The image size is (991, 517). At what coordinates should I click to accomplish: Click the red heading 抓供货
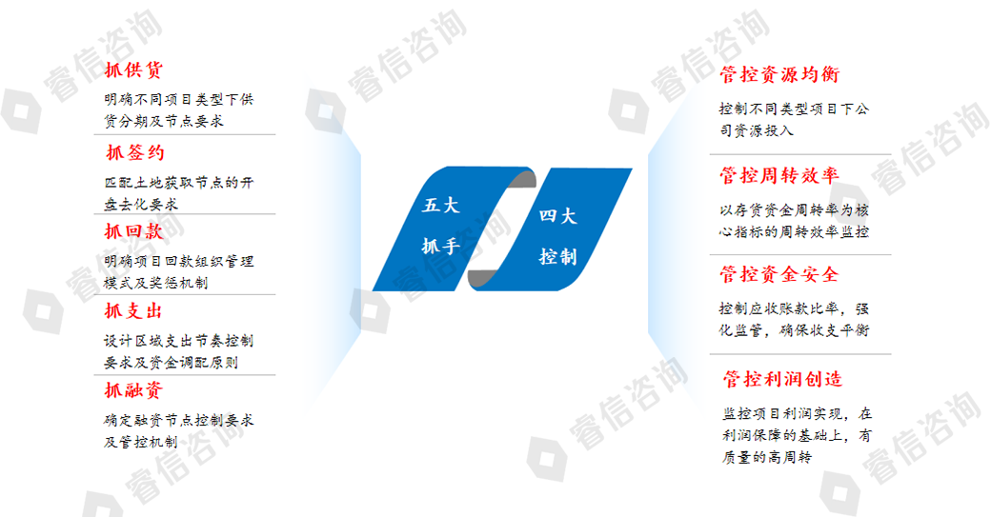click(133, 70)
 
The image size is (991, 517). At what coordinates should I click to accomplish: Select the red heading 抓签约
click(135, 152)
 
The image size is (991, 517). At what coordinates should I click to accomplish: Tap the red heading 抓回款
click(133, 231)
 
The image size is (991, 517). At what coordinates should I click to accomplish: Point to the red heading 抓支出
click(133, 311)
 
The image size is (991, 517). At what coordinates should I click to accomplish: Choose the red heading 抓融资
click(133, 390)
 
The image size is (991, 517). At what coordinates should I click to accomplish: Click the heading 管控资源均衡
click(779, 74)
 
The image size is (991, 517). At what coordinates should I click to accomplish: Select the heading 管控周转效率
click(779, 175)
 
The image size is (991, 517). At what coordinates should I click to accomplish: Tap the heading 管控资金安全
click(779, 274)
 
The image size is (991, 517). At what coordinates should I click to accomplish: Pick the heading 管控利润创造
click(783, 379)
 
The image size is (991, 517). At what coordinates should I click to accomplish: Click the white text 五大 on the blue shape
click(440, 205)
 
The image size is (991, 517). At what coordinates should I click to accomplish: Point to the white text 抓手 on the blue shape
click(440, 247)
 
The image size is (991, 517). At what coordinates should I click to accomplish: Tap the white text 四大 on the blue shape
click(558, 216)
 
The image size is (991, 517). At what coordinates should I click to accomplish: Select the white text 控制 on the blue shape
click(558, 256)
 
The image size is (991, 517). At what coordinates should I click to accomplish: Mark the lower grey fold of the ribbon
click(481, 278)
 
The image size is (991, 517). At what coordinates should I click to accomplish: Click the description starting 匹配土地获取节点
click(179, 193)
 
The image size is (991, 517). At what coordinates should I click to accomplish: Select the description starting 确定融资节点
click(179, 430)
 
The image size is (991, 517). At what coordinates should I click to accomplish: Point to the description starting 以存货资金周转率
click(795, 220)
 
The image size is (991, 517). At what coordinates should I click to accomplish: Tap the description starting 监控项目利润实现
click(797, 435)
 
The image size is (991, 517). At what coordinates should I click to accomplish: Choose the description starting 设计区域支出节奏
click(179, 351)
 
